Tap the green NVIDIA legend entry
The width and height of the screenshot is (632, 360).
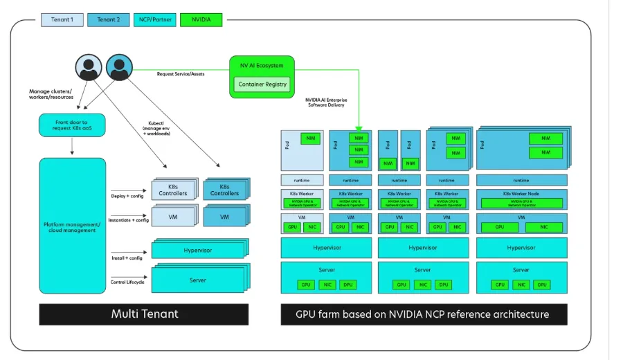point(201,19)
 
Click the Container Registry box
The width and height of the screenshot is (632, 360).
point(262,84)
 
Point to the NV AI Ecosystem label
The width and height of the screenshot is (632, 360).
point(262,66)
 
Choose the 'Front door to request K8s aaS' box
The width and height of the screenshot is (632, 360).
point(72,126)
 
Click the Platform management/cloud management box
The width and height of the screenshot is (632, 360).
point(72,226)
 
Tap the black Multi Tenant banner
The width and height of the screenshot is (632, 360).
point(144,314)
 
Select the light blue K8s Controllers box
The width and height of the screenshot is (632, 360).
point(172,190)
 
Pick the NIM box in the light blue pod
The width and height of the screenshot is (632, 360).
point(310,139)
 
